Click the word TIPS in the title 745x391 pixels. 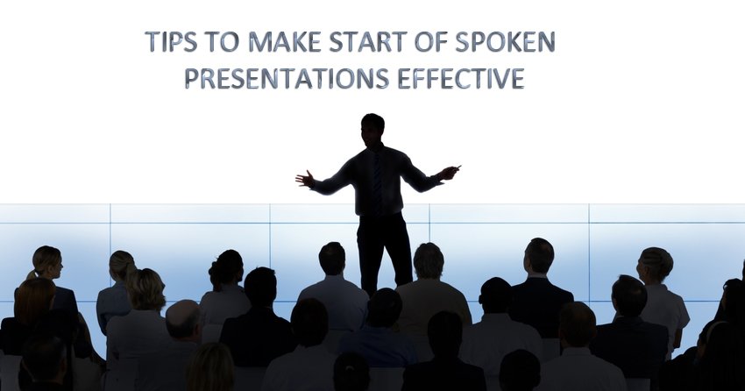(171, 41)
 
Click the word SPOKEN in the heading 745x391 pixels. (505, 41)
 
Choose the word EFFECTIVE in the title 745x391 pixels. (461, 78)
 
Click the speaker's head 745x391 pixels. (372, 129)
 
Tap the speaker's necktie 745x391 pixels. (377, 177)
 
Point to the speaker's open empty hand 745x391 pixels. (304, 179)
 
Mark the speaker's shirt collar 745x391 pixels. (375, 148)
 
